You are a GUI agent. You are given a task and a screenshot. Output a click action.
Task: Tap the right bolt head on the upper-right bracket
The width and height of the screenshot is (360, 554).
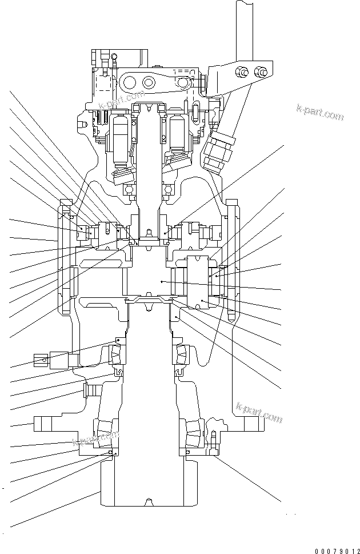tap(262, 73)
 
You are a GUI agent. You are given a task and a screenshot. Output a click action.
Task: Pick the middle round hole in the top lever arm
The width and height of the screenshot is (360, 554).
tap(150, 81)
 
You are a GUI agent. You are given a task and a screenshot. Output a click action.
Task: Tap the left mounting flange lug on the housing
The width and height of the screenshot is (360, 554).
tap(45, 424)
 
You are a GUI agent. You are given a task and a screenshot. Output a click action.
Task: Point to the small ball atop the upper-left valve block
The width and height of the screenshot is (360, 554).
tap(114, 55)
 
